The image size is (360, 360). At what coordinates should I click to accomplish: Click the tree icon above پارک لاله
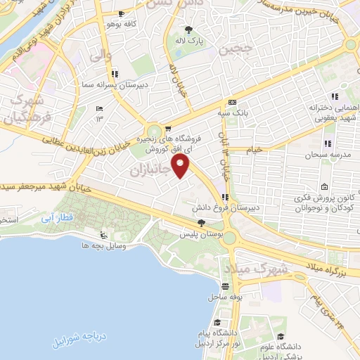(x=188, y=29)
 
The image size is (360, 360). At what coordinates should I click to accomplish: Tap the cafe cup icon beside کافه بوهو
(x=122, y=14)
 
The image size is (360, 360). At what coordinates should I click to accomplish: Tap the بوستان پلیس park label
(x=200, y=233)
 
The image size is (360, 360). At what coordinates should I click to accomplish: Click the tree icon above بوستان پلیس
(x=201, y=222)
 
